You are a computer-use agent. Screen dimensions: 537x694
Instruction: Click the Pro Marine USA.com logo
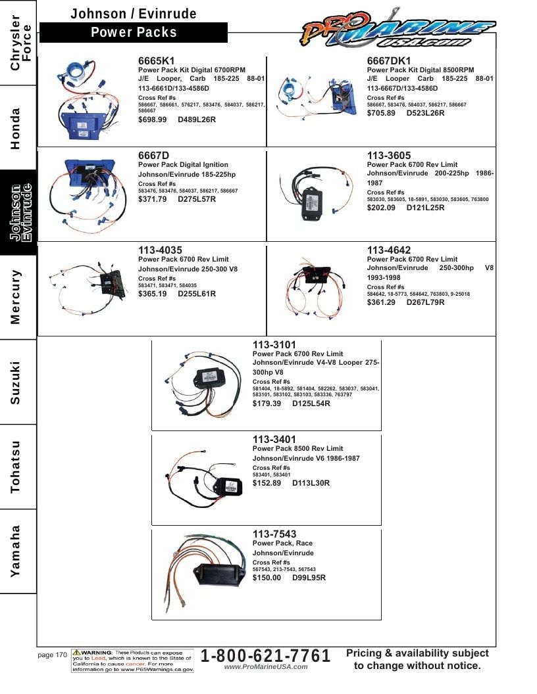(397, 28)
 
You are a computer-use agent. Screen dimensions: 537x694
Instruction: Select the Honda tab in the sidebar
(16, 128)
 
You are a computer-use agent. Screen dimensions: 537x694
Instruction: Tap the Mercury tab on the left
(16, 297)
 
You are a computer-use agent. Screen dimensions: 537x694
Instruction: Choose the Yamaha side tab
(16, 551)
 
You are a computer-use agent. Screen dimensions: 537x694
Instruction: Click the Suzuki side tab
(16, 382)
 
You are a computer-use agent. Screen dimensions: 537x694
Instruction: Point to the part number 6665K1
(157, 60)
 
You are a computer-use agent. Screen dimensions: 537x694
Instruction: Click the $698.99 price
(153, 120)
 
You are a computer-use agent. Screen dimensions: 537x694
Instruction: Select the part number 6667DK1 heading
(388, 60)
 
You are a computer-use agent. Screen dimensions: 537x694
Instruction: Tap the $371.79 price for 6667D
(153, 199)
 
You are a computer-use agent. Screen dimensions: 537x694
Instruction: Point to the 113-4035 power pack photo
(88, 287)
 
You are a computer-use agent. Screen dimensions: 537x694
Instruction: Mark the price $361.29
(381, 302)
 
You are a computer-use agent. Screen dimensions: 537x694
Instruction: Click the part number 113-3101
(274, 345)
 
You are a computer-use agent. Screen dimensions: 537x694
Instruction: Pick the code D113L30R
(311, 483)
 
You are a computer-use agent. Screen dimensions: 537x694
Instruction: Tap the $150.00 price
(267, 578)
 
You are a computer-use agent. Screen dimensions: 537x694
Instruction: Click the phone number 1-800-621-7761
(266, 655)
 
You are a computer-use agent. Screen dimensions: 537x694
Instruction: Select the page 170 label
(52, 655)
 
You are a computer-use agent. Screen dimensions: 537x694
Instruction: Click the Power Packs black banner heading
(134, 32)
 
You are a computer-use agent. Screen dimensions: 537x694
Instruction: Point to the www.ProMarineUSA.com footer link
(266, 667)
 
